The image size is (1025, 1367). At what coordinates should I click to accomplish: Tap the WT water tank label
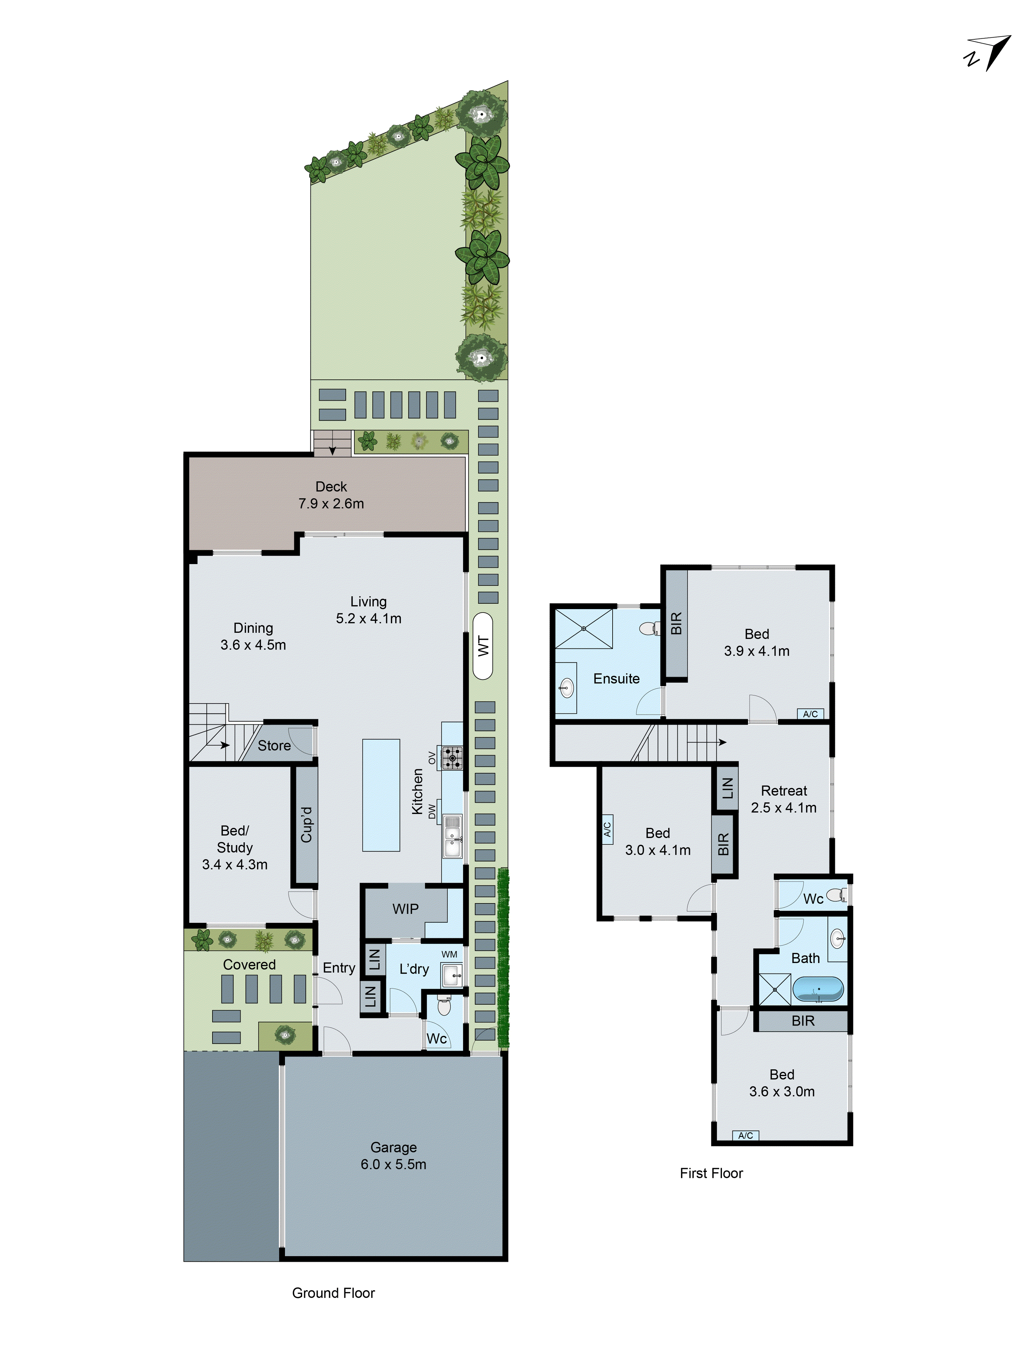tap(483, 646)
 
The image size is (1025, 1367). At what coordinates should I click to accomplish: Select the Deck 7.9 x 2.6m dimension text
tap(331, 504)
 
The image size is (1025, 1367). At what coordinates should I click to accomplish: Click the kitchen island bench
tap(381, 795)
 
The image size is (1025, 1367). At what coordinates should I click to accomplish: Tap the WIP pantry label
tap(405, 909)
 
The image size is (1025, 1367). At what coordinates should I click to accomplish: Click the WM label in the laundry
tap(449, 954)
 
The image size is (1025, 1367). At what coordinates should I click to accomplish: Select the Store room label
tap(274, 746)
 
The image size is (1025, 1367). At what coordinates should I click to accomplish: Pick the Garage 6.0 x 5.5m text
tap(394, 1164)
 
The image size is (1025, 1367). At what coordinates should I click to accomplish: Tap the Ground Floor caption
tap(333, 1293)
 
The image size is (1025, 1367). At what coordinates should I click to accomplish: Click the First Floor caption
tap(711, 1173)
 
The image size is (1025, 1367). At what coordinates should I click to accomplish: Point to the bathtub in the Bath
tap(817, 989)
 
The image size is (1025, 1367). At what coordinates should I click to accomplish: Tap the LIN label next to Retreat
tap(727, 788)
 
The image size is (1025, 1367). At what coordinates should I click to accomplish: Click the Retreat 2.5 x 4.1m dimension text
tap(783, 808)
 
